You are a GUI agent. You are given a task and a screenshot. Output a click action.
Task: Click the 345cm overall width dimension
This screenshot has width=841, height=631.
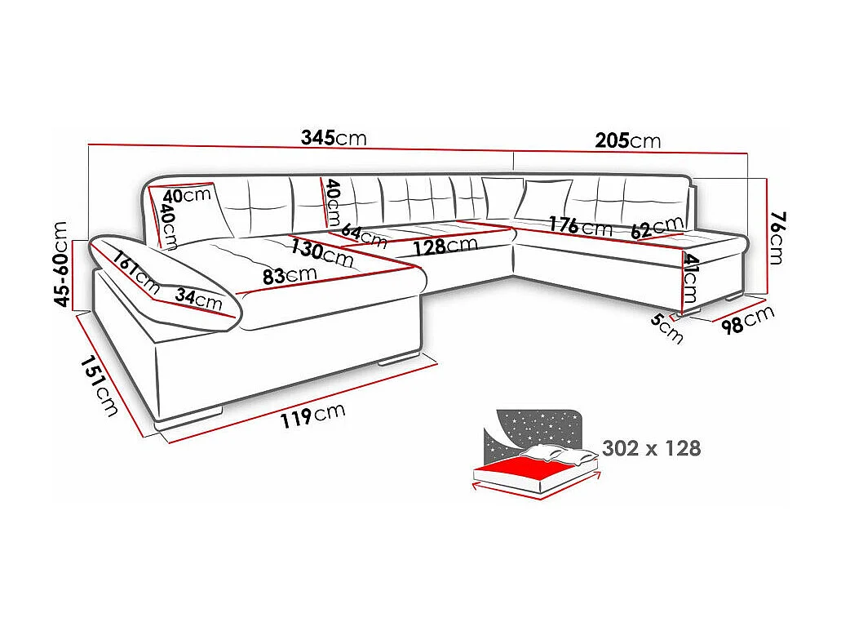pos(333,138)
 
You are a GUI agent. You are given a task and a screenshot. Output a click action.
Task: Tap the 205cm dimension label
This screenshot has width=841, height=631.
pos(627,140)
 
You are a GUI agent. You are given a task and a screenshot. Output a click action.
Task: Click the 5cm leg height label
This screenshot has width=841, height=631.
pos(666,329)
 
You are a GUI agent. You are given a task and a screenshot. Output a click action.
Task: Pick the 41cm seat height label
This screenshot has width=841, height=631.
pos(691,278)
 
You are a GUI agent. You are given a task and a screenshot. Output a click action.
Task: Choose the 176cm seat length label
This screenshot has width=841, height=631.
pos(580,225)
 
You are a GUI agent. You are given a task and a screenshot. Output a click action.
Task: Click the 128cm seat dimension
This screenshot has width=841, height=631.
pos(445,246)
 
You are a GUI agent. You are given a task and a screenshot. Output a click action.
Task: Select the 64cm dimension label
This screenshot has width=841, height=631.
pos(364,237)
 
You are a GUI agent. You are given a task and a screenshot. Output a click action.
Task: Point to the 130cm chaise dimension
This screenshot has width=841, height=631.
pos(322,253)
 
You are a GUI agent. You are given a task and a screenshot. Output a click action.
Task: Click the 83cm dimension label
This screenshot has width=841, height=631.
pos(290,276)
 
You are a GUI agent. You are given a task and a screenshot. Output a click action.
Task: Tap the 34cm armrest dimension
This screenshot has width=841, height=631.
pos(199,300)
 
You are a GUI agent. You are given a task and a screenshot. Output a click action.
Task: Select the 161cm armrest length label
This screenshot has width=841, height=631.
pos(136,271)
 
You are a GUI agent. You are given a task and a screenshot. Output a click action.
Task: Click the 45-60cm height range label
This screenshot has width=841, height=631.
pos(62,264)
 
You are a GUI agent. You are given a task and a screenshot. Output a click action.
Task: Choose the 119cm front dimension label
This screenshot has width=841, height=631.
pos(312,415)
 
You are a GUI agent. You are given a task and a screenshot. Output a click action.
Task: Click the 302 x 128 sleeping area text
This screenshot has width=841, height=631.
pos(651,448)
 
